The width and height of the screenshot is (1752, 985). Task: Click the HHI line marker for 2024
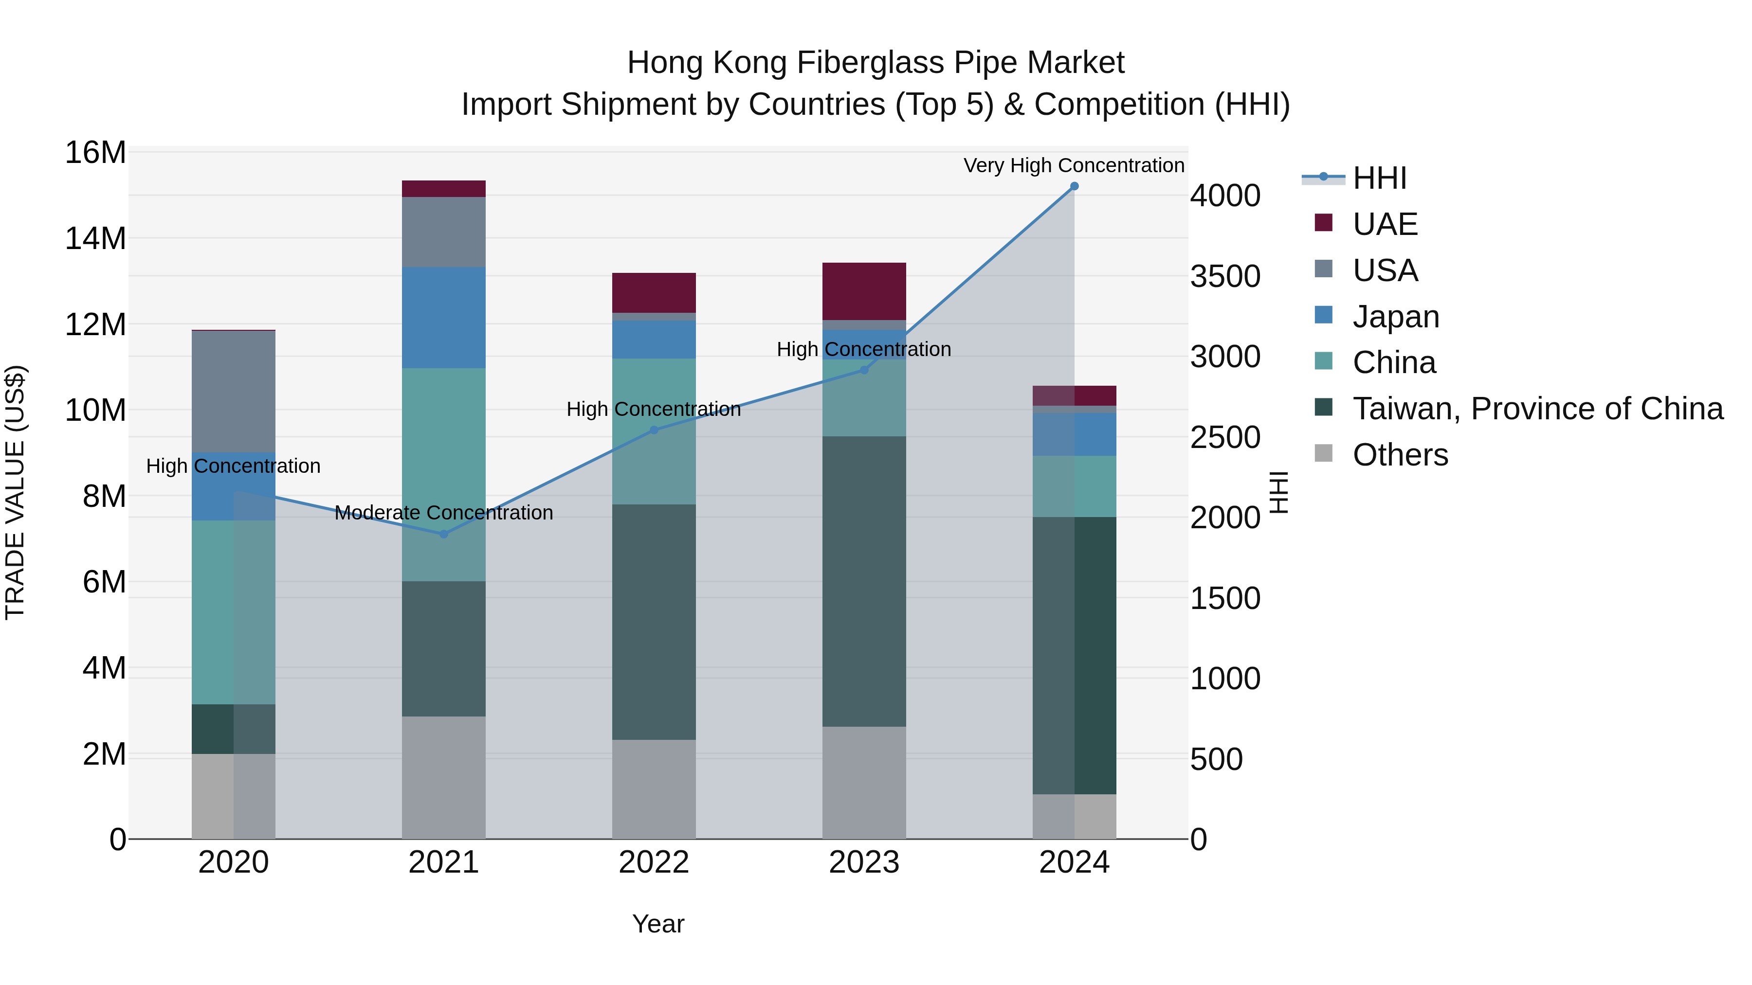click(1074, 186)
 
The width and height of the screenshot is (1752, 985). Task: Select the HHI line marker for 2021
click(443, 534)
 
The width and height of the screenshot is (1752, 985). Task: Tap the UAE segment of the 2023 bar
click(864, 291)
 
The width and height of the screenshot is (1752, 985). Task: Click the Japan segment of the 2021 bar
click(443, 318)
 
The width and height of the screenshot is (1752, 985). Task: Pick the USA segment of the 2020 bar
click(233, 392)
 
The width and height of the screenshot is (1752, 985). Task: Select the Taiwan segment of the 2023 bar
click(864, 581)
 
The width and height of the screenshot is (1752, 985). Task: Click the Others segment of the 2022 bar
click(654, 789)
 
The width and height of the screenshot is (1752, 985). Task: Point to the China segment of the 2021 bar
click(443, 474)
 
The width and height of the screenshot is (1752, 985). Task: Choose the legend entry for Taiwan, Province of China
click(1537, 409)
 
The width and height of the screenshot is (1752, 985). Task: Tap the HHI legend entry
click(1379, 178)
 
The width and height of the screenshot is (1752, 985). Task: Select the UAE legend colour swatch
click(1324, 223)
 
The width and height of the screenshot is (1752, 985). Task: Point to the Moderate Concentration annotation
click(443, 513)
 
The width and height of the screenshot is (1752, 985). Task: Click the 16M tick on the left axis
click(95, 152)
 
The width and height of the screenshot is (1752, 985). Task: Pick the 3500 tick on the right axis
click(1225, 276)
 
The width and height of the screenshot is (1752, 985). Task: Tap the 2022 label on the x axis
click(654, 862)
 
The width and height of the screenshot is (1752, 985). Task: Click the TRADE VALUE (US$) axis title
click(15, 492)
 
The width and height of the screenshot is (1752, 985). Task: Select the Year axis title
click(657, 924)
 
